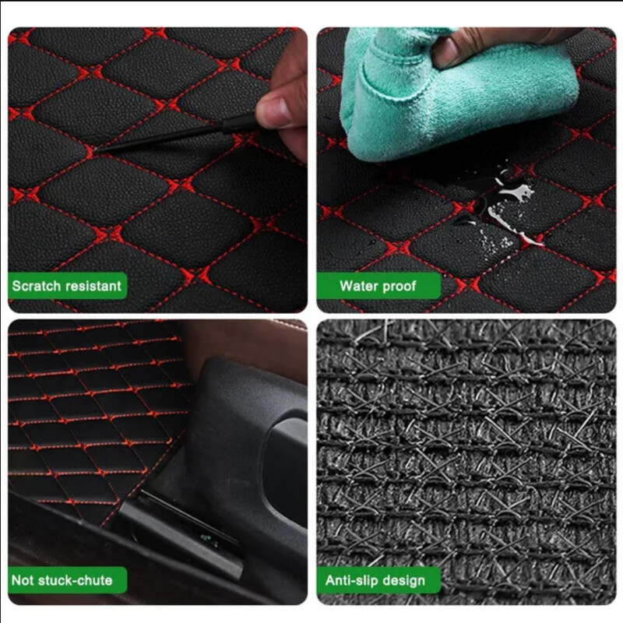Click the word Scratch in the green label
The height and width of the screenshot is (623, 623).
tap(36, 286)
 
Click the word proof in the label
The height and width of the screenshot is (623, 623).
tap(400, 286)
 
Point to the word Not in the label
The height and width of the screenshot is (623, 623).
tap(23, 580)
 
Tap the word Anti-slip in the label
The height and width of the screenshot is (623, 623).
tap(352, 580)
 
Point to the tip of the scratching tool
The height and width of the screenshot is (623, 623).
tap(97, 152)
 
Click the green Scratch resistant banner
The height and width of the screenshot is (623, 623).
tap(67, 286)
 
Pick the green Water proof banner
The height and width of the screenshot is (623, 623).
tap(378, 286)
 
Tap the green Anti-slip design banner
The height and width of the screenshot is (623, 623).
tap(378, 580)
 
